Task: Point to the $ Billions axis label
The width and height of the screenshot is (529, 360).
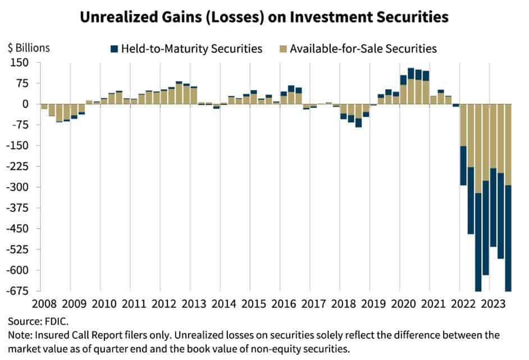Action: [28, 48]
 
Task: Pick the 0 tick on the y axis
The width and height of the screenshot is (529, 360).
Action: [24, 104]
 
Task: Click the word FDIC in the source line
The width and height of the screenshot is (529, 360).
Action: [56, 322]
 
